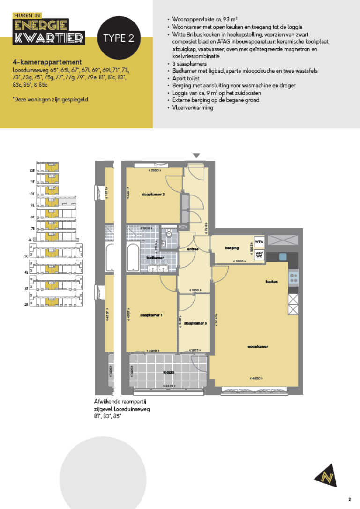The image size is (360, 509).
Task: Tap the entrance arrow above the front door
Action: pyautogui.click(x=196, y=156)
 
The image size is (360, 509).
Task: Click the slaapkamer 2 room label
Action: pyautogui.click(x=153, y=195)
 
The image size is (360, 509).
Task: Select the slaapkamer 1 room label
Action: pyautogui.click(x=151, y=315)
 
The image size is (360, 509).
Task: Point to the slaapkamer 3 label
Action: pyautogui.click(x=195, y=323)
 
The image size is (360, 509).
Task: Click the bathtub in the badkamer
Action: pyautogui.click(x=133, y=256)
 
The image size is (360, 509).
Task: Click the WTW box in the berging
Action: pyautogui.click(x=259, y=242)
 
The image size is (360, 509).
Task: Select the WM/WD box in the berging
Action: pyautogui.click(x=259, y=255)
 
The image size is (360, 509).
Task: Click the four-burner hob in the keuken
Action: pyautogui.click(x=293, y=279)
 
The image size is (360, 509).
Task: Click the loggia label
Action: pyautogui.click(x=168, y=372)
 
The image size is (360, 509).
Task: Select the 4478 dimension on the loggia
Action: pyautogui.click(x=168, y=386)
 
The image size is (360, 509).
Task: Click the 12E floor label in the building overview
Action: pyautogui.click(x=33, y=171)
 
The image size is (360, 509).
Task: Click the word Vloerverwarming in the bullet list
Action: pyautogui.click(x=193, y=107)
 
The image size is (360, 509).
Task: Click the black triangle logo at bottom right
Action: pyautogui.click(x=325, y=475)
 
